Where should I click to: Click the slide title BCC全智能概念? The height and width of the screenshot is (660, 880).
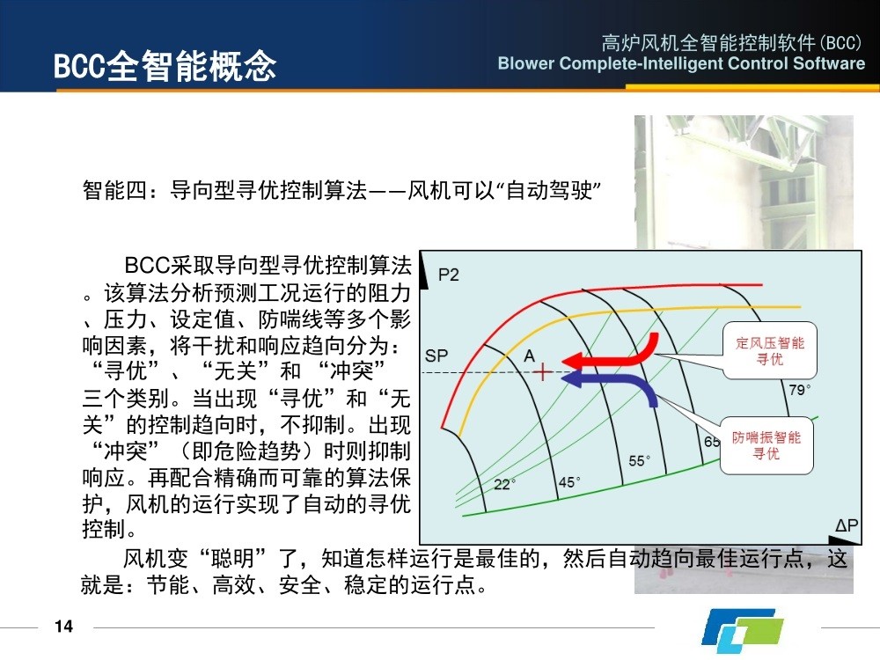165,66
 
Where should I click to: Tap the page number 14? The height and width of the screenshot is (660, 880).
64,627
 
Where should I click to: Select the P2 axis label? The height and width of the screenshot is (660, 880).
449,275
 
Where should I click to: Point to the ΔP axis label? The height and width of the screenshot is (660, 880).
847,525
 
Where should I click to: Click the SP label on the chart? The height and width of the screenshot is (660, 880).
436,356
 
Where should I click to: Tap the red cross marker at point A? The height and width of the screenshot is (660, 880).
542,371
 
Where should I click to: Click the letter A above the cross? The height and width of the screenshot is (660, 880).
529,356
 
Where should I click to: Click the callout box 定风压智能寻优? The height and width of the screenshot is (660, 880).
769,350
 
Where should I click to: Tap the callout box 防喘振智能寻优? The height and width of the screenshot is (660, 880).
766,445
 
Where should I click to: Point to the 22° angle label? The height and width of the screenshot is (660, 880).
504,484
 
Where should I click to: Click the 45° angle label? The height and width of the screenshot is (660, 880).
569,482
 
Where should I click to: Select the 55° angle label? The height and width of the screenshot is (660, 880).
639,461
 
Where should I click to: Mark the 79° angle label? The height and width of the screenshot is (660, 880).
799,390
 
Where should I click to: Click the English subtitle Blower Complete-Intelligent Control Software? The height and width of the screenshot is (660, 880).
681,63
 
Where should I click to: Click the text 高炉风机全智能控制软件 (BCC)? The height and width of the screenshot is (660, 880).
731,42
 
